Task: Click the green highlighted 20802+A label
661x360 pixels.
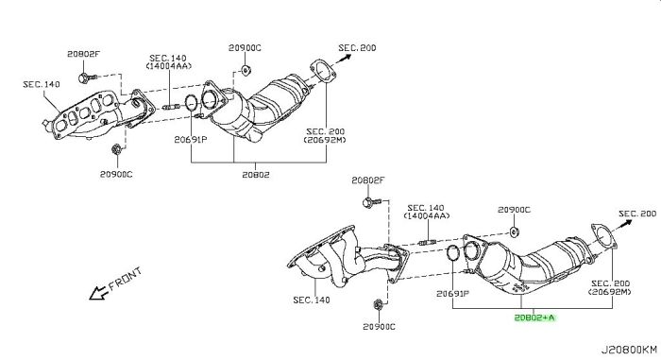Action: [534, 317]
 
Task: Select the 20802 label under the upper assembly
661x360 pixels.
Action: [256, 174]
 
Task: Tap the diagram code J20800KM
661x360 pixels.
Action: [629, 350]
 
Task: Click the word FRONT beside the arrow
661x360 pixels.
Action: [126, 279]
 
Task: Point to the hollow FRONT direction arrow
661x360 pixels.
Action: [98, 293]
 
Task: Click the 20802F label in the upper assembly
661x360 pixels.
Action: [83, 54]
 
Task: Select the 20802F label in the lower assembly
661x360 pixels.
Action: [368, 180]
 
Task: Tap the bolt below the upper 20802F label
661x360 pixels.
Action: [87, 77]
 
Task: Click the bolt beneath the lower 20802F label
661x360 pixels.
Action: [371, 202]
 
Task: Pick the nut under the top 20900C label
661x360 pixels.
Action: [245, 70]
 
